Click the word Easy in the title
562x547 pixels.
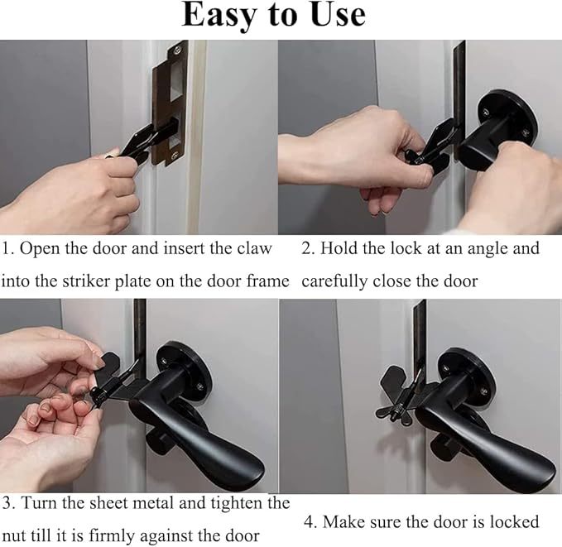[x=223, y=16]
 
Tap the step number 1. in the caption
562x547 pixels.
[x=7, y=248]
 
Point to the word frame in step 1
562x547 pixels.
[x=266, y=281]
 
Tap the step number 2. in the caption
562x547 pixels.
[x=308, y=248]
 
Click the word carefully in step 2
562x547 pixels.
[x=336, y=281]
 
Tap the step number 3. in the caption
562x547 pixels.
[x=8, y=502]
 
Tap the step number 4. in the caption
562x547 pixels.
[x=309, y=522]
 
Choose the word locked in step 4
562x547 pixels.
[x=514, y=522]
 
